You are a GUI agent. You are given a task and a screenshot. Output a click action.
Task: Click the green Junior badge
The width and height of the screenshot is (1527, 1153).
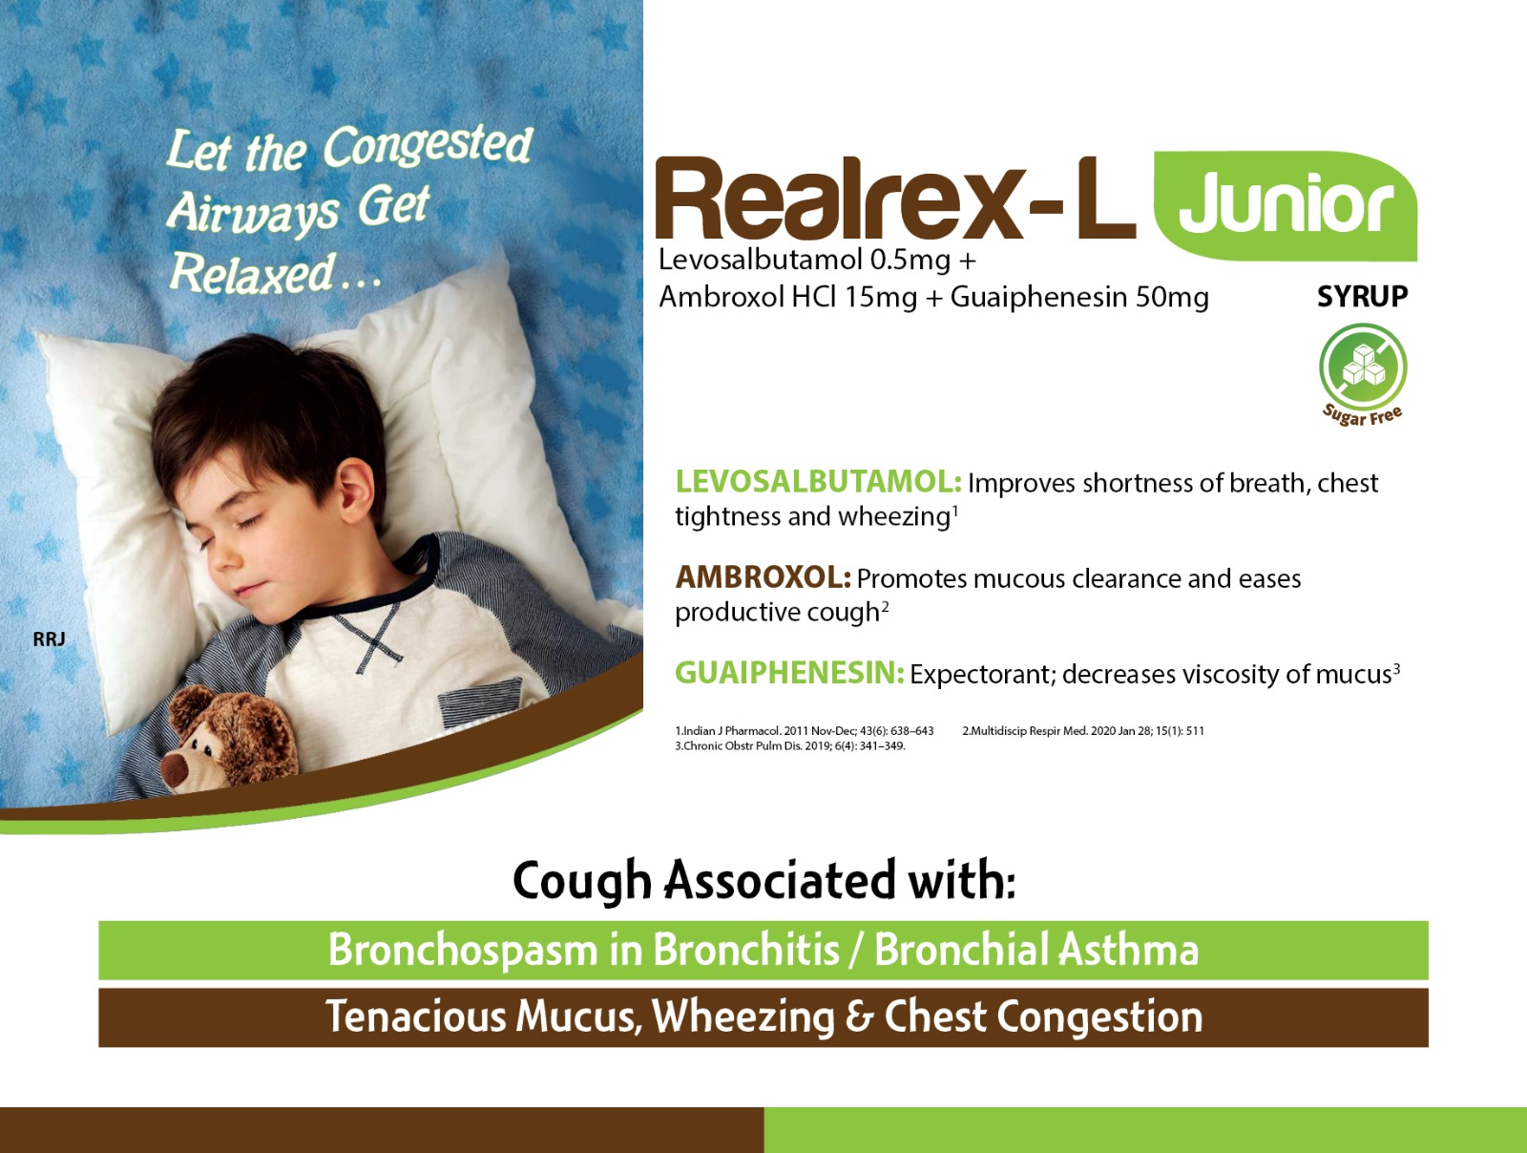coord(1286,206)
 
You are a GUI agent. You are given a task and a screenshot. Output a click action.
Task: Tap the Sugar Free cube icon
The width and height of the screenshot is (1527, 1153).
coord(1363,367)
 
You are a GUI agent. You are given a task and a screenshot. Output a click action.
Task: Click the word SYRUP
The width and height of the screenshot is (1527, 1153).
coord(1362,297)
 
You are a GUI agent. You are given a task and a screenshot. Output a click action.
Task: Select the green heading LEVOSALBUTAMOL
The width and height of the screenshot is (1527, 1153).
coord(819,482)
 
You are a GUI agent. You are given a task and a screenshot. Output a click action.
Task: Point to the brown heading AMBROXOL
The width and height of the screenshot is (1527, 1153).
coord(763,577)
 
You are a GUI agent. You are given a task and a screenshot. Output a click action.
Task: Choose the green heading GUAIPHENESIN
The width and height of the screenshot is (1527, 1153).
coord(789,673)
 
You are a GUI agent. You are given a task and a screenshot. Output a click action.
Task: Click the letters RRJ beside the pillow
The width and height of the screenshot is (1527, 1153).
coord(49,639)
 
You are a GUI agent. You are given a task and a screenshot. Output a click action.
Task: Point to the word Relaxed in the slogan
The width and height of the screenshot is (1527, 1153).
coord(253,273)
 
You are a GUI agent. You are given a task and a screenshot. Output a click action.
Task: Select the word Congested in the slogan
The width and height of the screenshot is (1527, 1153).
coord(428,146)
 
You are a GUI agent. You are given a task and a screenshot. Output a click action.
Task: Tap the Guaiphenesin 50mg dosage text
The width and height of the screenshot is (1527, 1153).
coord(1079,298)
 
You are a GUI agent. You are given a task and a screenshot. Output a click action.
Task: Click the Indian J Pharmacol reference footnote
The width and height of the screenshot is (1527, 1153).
coord(805,731)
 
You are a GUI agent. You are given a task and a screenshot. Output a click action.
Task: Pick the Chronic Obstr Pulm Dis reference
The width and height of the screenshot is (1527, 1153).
coord(790,746)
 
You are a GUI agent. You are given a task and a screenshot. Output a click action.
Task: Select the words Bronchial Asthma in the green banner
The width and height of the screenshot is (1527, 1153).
coord(1036,950)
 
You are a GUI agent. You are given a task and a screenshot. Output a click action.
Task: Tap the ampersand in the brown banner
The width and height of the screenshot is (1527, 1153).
coord(860,1017)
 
